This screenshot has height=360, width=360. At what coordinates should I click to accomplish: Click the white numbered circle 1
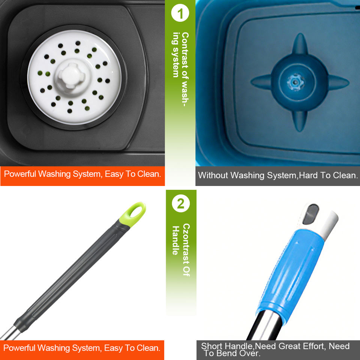(180, 13)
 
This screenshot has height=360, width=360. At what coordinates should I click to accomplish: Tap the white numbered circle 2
(181, 203)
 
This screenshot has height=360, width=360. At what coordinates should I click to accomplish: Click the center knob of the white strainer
(71, 76)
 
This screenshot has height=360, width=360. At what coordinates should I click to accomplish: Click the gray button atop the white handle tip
(310, 214)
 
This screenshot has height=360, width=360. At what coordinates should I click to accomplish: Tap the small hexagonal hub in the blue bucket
(295, 82)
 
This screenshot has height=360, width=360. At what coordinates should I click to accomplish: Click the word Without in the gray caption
(213, 175)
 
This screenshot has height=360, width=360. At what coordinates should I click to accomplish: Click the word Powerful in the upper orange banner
(20, 174)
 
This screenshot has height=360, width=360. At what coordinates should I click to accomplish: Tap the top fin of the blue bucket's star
(300, 43)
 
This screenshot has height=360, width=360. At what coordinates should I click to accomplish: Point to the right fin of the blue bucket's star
(338, 82)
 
